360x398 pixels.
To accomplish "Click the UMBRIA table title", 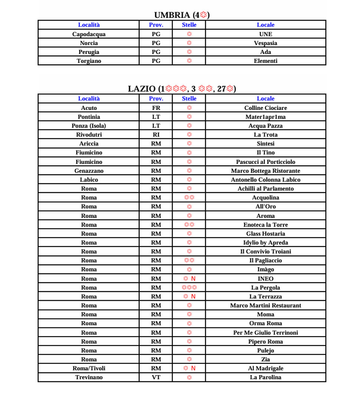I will click(x=182, y=15).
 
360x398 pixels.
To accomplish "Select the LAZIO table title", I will click(x=182, y=89).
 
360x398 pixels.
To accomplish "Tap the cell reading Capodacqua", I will click(x=89, y=34).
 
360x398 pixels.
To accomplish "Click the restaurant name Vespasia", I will click(x=265, y=43).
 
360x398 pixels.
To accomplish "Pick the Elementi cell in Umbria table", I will click(x=265, y=61).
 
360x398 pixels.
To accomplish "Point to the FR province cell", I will click(x=156, y=108).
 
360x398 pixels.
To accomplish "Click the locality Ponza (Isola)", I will click(x=89, y=126).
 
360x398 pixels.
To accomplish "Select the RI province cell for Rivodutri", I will click(x=156, y=135).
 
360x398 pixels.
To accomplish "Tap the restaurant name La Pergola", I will click(x=265, y=287).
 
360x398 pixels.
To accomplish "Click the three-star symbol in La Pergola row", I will click(x=189, y=287).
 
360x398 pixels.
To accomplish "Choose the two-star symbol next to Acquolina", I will click(x=189, y=198).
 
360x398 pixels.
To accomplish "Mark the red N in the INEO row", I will click(x=193, y=279).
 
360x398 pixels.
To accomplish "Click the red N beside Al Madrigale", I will click(x=193, y=368).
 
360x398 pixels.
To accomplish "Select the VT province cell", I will click(x=156, y=377).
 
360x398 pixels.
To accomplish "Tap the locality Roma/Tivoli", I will click(x=89, y=368).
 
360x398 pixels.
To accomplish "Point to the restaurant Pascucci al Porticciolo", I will click(x=265, y=162).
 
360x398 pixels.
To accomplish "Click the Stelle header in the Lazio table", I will click(x=189, y=99).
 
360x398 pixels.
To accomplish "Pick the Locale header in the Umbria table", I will click(x=265, y=25).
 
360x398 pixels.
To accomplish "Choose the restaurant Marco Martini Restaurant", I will click(x=265, y=306).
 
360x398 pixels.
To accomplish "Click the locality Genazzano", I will click(x=89, y=171).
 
